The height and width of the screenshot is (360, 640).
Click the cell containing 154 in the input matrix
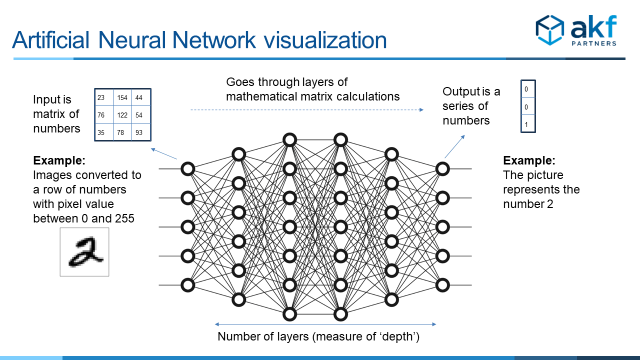pos(122,97)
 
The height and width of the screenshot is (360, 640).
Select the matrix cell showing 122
pos(122,115)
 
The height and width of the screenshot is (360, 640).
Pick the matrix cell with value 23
pos(104,97)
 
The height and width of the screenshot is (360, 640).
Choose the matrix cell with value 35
pos(104,132)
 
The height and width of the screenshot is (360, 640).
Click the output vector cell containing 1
pos(527,123)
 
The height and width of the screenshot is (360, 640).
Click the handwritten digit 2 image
pos(84,252)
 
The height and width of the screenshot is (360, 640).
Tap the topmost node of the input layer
pos(188,169)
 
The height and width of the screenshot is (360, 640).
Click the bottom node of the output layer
pos(442,285)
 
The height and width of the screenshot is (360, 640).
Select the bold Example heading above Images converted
pos(59,160)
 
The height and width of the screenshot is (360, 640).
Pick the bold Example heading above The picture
pos(529,160)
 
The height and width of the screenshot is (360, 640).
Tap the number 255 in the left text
pos(123,218)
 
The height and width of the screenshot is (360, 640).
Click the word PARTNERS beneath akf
pos(594,43)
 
